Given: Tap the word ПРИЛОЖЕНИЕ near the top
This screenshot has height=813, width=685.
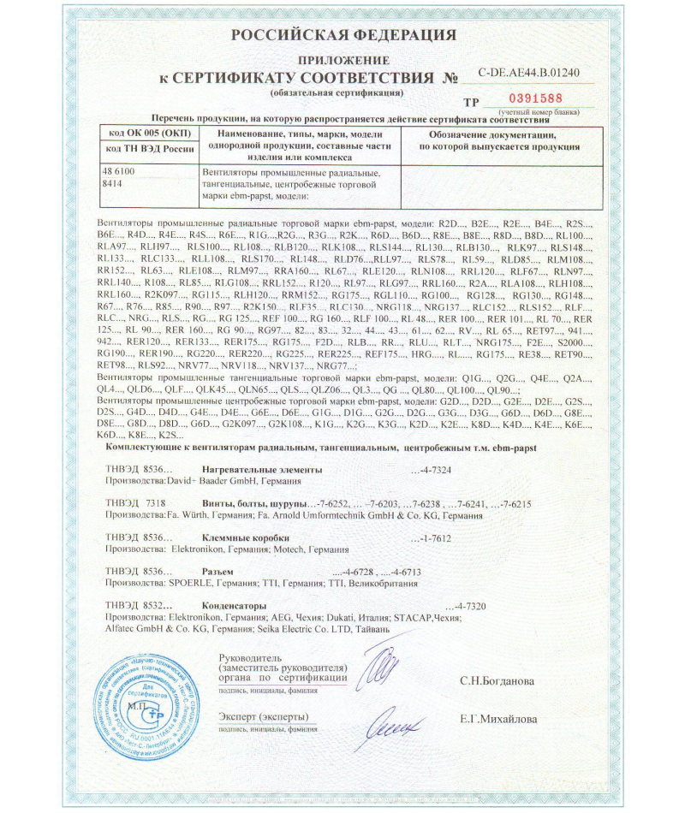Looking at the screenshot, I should click(x=342, y=60).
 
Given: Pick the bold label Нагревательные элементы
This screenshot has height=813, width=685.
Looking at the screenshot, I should click(x=262, y=470).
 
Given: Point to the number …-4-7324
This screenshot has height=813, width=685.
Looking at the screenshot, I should click(x=444, y=470).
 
